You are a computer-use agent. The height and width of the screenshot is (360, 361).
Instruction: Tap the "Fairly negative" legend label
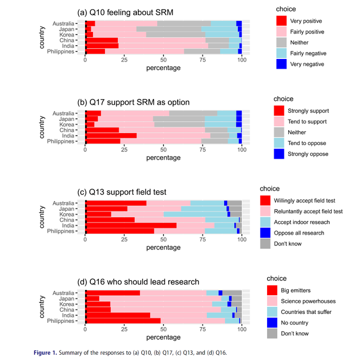pos(308,54)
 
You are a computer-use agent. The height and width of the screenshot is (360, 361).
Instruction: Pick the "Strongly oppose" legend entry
pos(307,154)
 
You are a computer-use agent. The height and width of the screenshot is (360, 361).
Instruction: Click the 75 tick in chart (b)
pos(203,149)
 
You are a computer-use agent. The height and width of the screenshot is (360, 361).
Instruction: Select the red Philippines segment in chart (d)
pos(123,321)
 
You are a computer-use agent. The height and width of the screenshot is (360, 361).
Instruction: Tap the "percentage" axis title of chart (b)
pos(163,158)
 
